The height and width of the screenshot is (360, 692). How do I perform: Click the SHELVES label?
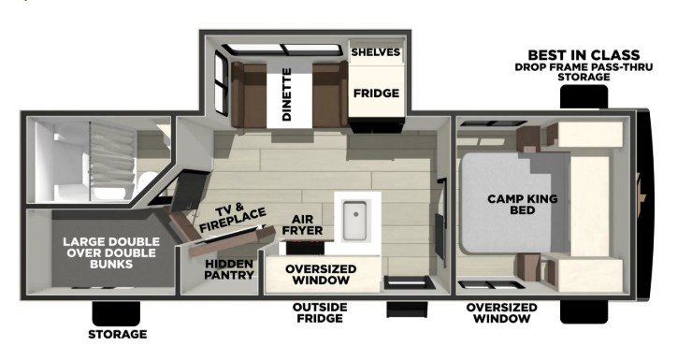(x=376, y=52)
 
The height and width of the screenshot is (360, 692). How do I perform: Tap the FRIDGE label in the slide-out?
(x=376, y=94)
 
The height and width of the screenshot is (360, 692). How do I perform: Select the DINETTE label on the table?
(x=287, y=94)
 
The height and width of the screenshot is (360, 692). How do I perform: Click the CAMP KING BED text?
(x=523, y=204)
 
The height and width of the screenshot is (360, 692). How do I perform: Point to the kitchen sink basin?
(x=354, y=220)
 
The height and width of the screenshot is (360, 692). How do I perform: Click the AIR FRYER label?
(x=302, y=224)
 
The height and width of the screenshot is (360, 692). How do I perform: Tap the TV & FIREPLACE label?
(x=233, y=218)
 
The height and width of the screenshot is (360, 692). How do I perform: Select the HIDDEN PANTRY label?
(x=228, y=269)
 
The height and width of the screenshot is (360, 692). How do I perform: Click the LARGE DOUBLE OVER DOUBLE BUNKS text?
(x=111, y=252)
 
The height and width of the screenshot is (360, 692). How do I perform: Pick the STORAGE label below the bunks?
(x=118, y=334)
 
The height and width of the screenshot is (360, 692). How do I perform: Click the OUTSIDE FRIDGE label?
(x=320, y=312)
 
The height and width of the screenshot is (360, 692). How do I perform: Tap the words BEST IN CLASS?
(x=584, y=55)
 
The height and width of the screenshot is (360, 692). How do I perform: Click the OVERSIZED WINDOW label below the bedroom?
(x=502, y=313)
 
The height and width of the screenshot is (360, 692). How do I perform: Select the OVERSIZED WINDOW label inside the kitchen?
(x=321, y=274)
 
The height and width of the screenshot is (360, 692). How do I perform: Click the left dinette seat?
(x=249, y=94)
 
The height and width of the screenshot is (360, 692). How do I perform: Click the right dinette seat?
(x=330, y=94)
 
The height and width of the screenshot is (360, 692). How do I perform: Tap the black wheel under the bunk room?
(x=116, y=313)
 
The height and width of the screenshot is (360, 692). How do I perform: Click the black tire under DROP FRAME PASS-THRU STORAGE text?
(x=584, y=96)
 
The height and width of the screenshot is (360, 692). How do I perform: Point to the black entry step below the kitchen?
(x=407, y=309)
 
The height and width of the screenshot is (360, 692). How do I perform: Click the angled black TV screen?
(x=189, y=191)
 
